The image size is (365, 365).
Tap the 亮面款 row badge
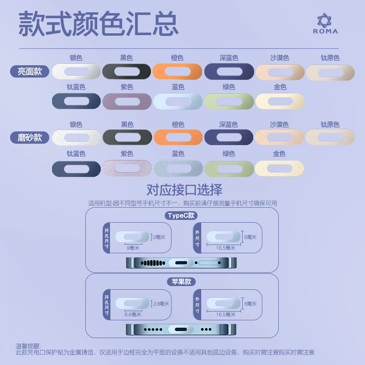[x=30, y=72]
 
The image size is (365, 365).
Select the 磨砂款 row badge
[x=30, y=137]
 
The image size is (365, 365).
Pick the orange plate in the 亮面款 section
[x=177, y=72]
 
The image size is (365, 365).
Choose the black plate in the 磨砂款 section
[x=126, y=137]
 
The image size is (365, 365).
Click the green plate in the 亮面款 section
[x=229, y=101]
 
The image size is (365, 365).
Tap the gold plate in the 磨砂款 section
[x=279, y=168]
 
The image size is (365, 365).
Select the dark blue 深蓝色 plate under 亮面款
[x=229, y=72]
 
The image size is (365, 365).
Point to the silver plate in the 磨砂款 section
[x=76, y=137]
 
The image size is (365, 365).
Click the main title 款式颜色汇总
[x=98, y=24]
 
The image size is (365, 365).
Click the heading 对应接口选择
[x=184, y=189]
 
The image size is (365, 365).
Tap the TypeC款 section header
[x=181, y=216]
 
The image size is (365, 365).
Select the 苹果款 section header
[x=181, y=282]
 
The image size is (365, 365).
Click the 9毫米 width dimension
[x=133, y=248]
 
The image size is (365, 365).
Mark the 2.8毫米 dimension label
[x=161, y=303]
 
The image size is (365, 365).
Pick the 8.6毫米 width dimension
[x=133, y=314]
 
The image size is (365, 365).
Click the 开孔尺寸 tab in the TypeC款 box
[x=107, y=237]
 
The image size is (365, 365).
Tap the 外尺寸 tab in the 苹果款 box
[x=197, y=303]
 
